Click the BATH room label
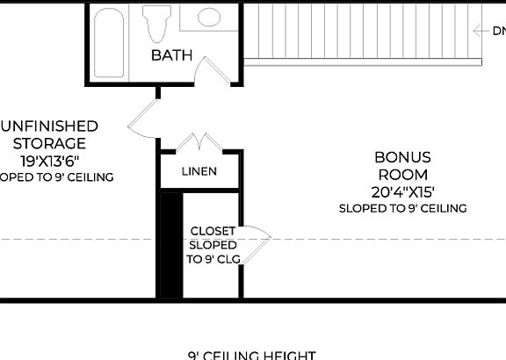coord(171,55)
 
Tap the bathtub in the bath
coord(111,43)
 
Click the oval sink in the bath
coord(210,17)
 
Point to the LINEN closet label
coord(199,171)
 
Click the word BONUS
coord(402,157)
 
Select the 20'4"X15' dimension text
coord(403,191)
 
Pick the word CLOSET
coord(213,231)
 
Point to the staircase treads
coord(360,31)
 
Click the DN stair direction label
coord(498,31)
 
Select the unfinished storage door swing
coord(142,119)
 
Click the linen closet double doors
coord(199,141)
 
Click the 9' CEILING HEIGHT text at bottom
coord(251,355)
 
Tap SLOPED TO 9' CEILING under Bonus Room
coord(402,209)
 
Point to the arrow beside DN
coord(481,31)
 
